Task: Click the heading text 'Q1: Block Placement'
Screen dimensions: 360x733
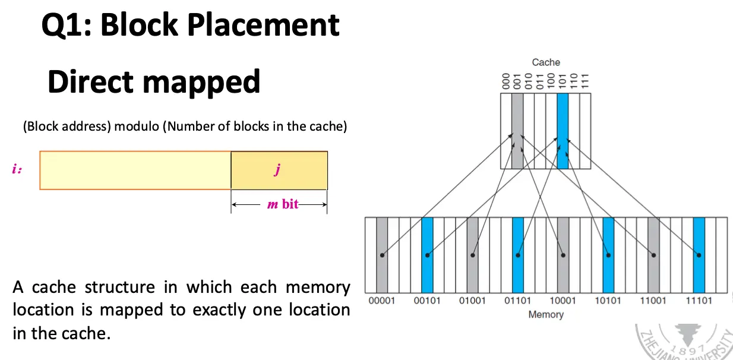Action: [190, 25]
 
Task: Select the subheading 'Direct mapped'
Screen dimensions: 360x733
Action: [153, 81]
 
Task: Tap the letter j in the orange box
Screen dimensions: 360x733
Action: [277, 170]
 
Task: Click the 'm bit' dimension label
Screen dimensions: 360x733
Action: [282, 204]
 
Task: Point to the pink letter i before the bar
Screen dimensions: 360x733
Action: [16, 169]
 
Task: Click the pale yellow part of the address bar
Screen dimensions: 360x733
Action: [135, 170]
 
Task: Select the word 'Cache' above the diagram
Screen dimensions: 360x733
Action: [545, 62]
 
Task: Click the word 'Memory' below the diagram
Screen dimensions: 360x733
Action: [545, 314]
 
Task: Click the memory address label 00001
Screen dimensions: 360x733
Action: [381, 301]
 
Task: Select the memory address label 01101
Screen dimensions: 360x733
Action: [517, 301]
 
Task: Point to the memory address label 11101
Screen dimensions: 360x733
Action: [699, 301]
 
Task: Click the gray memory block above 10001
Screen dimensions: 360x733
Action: [563, 255]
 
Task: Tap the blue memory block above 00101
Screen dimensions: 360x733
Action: [427, 255]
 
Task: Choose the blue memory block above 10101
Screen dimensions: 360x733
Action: [608, 255]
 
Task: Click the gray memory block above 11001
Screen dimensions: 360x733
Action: [653, 255]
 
